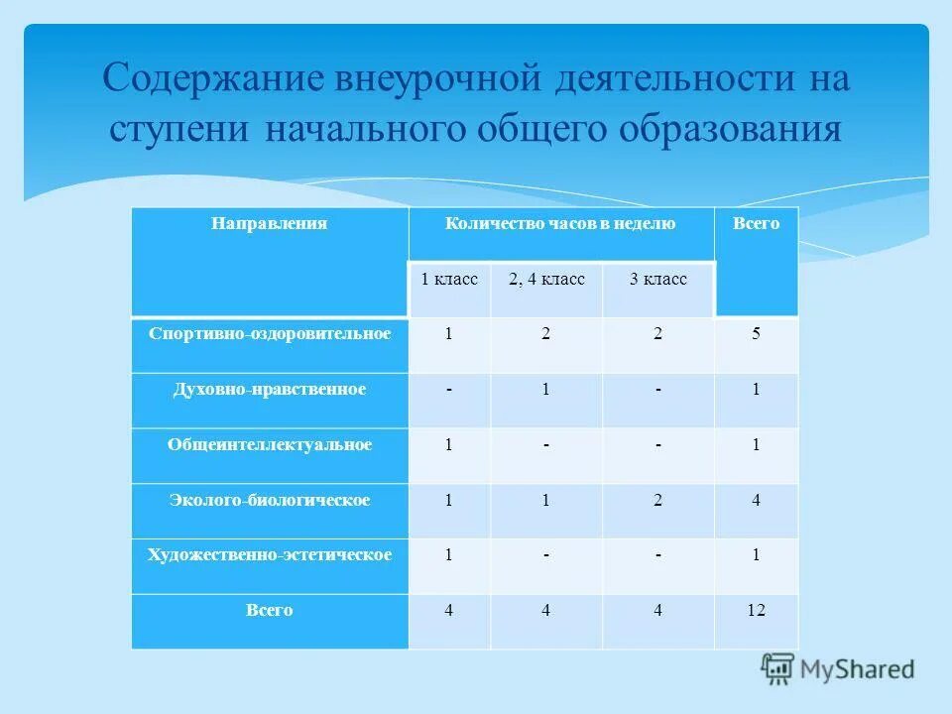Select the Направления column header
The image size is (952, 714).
click(269, 224)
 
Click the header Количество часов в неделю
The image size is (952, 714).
click(560, 224)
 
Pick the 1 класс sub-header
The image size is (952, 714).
click(449, 280)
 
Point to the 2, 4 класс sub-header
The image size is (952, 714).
click(546, 280)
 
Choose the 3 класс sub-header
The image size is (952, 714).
click(657, 280)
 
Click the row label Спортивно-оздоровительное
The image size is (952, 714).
click(270, 334)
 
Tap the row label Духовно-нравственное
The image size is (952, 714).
click(270, 390)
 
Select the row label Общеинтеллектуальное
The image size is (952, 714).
click(270, 445)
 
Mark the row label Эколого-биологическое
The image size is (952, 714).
click(270, 501)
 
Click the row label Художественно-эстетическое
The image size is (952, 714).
click(270, 555)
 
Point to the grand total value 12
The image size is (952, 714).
click(756, 611)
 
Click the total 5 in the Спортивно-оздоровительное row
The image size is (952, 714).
click(756, 334)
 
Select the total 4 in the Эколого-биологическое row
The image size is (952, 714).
click(756, 501)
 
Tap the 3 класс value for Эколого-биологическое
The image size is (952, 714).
click(657, 501)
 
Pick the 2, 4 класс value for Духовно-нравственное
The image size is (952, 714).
click(545, 390)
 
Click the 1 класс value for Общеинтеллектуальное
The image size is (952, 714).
click(448, 445)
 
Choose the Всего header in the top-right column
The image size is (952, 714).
click(756, 224)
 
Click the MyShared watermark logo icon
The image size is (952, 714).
click(779, 669)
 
